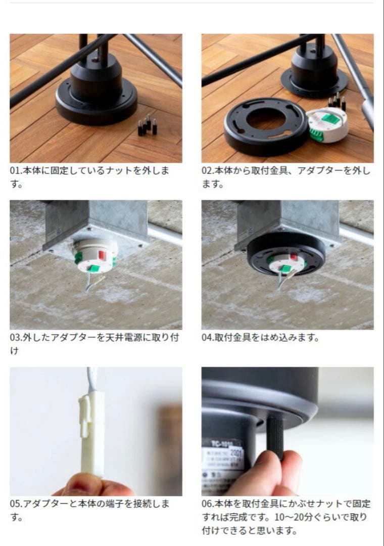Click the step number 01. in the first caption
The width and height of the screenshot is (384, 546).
click(x=16, y=171)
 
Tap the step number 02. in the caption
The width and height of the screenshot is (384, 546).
click(x=208, y=171)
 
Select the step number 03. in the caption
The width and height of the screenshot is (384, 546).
click(x=16, y=337)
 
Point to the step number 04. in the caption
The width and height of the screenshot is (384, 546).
click(x=208, y=337)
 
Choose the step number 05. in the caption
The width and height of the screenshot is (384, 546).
click(x=16, y=504)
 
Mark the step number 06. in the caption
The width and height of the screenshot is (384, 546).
click(x=208, y=504)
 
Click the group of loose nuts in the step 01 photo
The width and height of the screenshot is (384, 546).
click(x=147, y=125)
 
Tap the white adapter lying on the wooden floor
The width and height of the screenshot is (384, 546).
click(x=328, y=125)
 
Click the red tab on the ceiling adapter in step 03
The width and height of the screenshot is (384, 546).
click(x=102, y=255)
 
